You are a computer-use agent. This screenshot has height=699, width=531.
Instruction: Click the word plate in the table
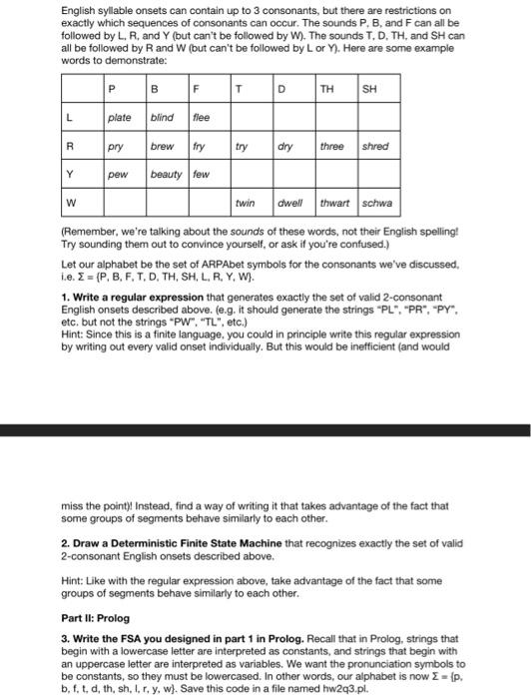tap(120, 118)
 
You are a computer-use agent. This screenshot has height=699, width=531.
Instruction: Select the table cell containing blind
tap(162, 118)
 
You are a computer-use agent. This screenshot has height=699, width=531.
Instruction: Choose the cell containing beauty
tap(166, 174)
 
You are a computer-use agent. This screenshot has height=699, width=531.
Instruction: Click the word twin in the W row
tap(245, 203)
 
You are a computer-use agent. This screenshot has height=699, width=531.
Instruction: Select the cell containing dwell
tap(290, 203)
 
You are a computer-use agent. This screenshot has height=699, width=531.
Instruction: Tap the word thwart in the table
tap(334, 203)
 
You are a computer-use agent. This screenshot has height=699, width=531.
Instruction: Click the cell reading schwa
tap(377, 203)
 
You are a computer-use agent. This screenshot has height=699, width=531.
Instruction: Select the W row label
tap(71, 203)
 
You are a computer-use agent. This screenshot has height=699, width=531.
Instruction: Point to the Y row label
tap(69, 174)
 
